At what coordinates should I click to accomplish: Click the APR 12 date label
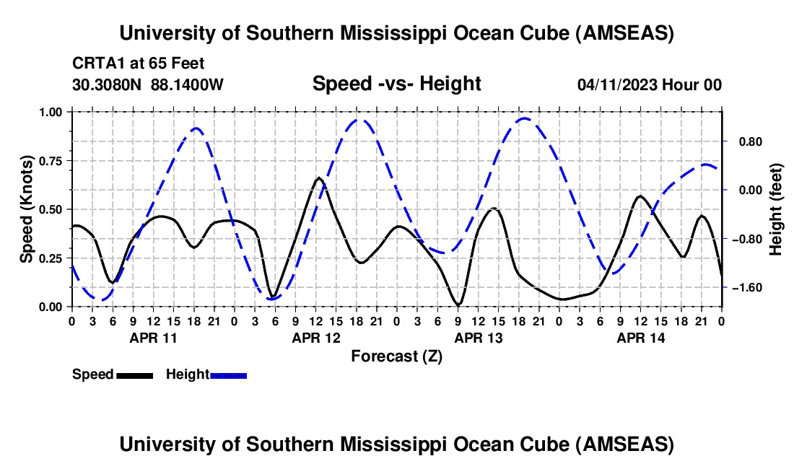[x=316, y=337]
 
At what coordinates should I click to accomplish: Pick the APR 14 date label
[x=641, y=337]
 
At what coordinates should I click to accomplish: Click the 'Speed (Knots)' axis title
[x=27, y=209]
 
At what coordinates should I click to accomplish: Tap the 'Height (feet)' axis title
[x=776, y=209]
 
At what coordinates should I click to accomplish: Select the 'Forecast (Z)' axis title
[x=396, y=356]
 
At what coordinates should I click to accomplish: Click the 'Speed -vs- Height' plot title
[x=396, y=84]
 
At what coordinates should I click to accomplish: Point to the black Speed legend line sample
[x=134, y=374]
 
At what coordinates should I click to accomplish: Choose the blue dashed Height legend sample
[x=228, y=374]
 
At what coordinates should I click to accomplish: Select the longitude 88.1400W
[x=187, y=85]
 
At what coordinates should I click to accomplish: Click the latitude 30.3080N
[x=108, y=85]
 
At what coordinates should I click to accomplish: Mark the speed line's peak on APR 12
[x=318, y=177]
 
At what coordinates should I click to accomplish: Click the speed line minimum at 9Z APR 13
[x=458, y=304]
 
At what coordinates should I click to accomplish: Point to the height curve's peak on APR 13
[x=525, y=118]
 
